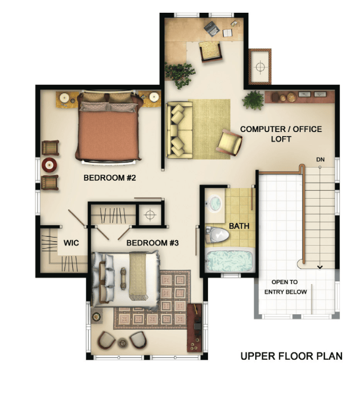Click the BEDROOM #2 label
[x=110, y=178]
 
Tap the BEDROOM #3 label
[x=152, y=243]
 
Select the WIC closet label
[x=71, y=243]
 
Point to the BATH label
[x=239, y=226]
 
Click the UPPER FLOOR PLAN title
[x=292, y=356]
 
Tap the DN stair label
[x=320, y=160]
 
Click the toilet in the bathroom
[x=218, y=235]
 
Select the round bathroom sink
[x=214, y=203]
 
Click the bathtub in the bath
[x=229, y=260]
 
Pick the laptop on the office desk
[x=212, y=28]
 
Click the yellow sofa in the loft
[x=179, y=130]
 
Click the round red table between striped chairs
[x=50, y=165]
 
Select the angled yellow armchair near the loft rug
[x=229, y=143]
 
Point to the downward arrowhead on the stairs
[x=320, y=267]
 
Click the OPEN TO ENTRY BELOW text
[x=285, y=287]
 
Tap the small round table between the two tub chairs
[x=122, y=342]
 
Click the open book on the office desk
[x=228, y=33]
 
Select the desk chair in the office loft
[x=211, y=52]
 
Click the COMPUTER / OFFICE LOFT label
[x=281, y=134]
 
